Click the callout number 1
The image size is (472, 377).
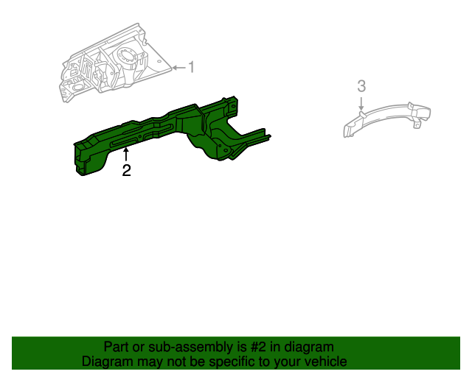tap(191, 68)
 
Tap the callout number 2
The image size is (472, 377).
tap(126, 171)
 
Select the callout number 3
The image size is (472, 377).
tap(361, 86)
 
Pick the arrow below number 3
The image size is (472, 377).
tap(361, 103)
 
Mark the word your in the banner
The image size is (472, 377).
tap(286, 362)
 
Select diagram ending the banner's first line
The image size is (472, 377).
tap(310, 347)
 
